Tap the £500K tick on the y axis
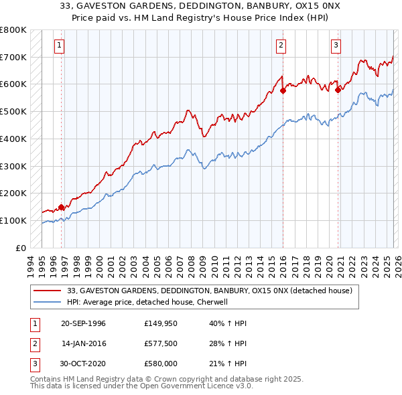tap(13, 111)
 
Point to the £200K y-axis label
tap(13, 193)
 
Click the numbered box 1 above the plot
tap(60, 46)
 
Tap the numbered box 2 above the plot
tap(281, 46)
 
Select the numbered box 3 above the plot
tap(336, 46)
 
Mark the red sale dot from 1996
tap(62, 207)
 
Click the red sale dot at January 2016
tap(283, 91)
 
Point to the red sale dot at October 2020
tap(338, 90)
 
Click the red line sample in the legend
tap(48, 291)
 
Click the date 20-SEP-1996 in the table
tap(83, 323)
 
